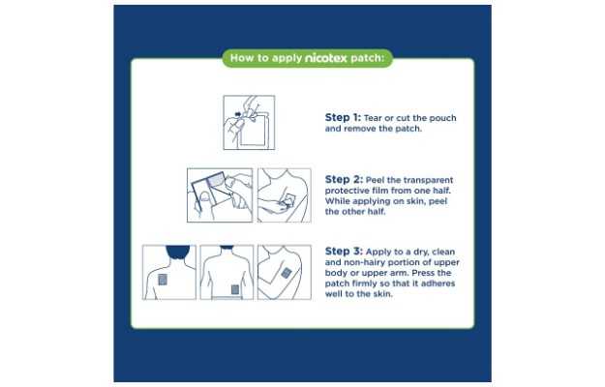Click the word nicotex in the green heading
click(326, 58)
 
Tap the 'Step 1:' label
click(343, 117)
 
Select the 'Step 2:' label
click(344, 179)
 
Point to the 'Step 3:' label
click(344, 251)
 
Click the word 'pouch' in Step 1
click(442, 118)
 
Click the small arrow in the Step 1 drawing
click(238, 114)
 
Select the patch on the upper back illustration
click(163, 280)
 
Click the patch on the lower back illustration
click(235, 289)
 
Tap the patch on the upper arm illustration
click(286, 273)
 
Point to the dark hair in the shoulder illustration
click(178, 252)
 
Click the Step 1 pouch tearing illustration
click(249, 123)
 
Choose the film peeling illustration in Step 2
click(220, 195)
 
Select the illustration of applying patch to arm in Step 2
click(285, 195)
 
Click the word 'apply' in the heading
click(287, 59)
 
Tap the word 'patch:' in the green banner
click(367, 58)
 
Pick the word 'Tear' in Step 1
click(373, 118)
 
